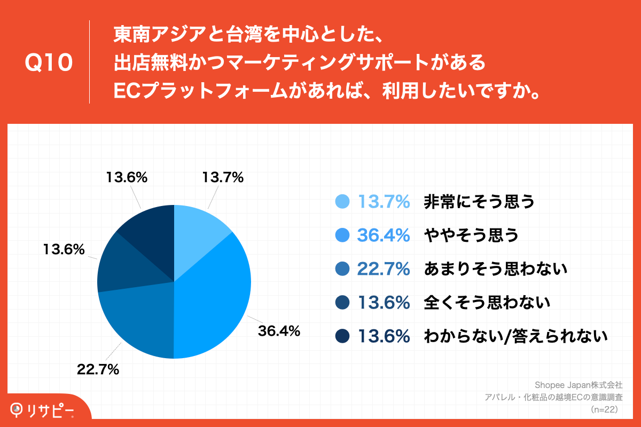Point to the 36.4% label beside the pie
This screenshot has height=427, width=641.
279,331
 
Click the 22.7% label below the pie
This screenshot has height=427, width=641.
98,369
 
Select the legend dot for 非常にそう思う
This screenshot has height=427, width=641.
342,201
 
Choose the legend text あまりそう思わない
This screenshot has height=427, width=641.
495,268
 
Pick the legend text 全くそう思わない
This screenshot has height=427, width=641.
487,302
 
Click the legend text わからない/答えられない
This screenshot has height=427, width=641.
515,336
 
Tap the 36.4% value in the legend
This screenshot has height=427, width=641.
384,234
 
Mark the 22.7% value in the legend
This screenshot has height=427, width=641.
384,268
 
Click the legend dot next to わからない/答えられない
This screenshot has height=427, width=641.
342,336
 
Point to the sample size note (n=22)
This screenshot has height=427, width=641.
604,409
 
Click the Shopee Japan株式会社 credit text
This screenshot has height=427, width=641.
579,384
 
